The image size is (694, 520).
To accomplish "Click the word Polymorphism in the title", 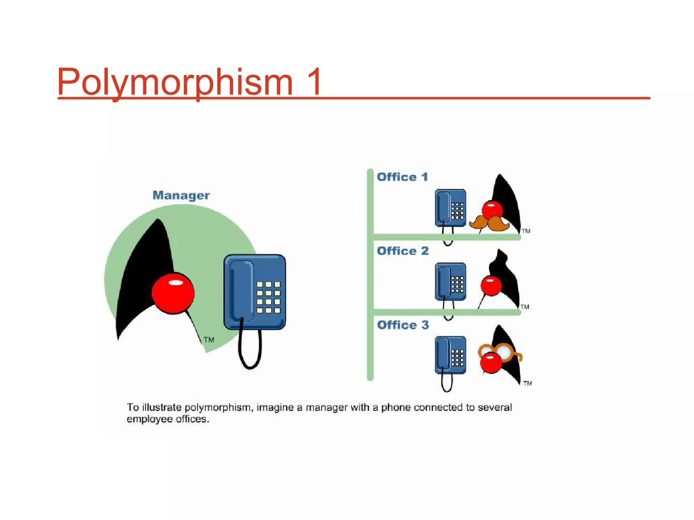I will [175, 82].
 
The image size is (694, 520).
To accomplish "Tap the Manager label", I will [181, 195].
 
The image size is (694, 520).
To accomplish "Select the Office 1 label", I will [402, 177].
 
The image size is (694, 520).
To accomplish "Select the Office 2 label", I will [403, 251].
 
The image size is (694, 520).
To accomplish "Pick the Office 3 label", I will [403, 325].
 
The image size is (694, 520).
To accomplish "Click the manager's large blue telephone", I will [254, 292].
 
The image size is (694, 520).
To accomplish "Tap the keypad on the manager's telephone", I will [268, 297].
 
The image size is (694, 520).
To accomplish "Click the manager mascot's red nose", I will [173, 293].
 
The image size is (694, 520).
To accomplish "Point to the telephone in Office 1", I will [450, 208].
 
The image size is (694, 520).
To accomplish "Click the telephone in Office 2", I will [450, 282].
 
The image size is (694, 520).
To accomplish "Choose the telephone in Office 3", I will [450, 355].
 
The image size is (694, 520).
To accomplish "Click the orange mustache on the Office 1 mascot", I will [489, 223].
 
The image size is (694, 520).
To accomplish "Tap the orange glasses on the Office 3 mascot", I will [500, 352].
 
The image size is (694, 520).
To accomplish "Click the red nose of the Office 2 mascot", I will [491, 286].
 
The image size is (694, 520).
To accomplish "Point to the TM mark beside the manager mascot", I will [209, 340].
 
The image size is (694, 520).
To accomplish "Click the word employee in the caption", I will [149, 419].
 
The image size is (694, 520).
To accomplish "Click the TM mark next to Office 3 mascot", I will [527, 383].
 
